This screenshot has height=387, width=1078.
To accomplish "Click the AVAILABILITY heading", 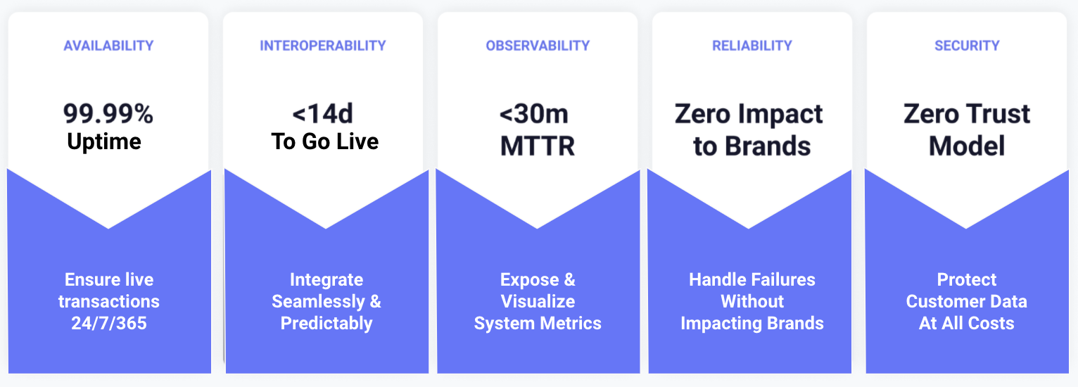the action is pyautogui.click(x=109, y=46).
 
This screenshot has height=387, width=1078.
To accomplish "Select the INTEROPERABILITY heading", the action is pyautogui.click(x=323, y=46).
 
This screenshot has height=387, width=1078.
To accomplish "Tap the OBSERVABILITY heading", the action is pyautogui.click(x=538, y=46).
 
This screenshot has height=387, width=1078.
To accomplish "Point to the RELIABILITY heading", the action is pyautogui.click(x=752, y=46).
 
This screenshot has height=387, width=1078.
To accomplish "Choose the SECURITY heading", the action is pyautogui.click(x=967, y=46).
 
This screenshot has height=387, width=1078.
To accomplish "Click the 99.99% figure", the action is pyautogui.click(x=108, y=113).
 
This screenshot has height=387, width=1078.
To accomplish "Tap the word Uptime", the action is pyautogui.click(x=104, y=141).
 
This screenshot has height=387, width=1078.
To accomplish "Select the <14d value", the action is pyautogui.click(x=322, y=113).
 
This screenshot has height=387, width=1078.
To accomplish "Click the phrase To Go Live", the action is pyautogui.click(x=325, y=141).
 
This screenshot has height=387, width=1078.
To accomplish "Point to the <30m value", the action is pyautogui.click(x=533, y=114).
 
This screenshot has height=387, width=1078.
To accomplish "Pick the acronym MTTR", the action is pyautogui.click(x=538, y=146).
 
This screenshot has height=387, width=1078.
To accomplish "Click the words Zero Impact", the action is pyautogui.click(x=749, y=115).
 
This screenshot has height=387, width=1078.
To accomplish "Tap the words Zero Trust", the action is pyautogui.click(x=967, y=113).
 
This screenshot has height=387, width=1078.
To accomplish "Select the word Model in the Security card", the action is pyautogui.click(x=967, y=146).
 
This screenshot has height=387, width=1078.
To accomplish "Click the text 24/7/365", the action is pyautogui.click(x=109, y=323).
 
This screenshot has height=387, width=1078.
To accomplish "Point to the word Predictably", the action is pyautogui.click(x=326, y=324).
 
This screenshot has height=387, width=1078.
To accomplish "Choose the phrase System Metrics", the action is pyautogui.click(x=538, y=324).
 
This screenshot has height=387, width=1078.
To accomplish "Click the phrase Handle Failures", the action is pyautogui.click(x=752, y=279).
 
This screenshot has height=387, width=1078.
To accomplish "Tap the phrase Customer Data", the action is pyautogui.click(x=967, y=301).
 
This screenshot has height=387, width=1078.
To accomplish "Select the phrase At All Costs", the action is pyautogui.click(x=967, y=323).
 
